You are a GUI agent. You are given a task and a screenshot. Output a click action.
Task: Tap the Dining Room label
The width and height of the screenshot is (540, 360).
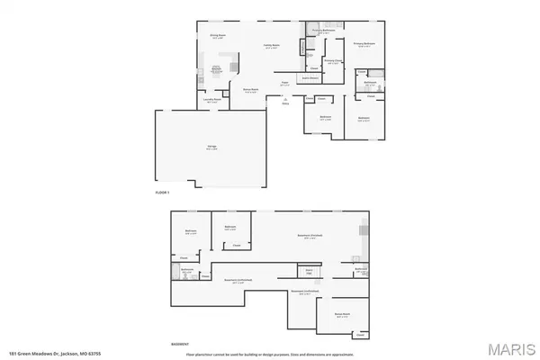(217, 38)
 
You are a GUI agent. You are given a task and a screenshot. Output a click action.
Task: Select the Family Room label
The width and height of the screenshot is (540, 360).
(270, 46)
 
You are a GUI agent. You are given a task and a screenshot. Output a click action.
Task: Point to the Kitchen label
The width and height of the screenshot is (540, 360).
(217, 68)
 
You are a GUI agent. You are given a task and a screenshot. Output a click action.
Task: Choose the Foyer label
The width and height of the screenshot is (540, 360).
(283, 83)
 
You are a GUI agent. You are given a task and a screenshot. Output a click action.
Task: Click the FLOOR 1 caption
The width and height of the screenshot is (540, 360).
(163, 193)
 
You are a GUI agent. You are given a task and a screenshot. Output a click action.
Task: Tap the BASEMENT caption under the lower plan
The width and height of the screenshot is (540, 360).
(179, 343)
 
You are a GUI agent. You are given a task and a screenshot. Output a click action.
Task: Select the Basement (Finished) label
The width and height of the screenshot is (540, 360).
(310, 236)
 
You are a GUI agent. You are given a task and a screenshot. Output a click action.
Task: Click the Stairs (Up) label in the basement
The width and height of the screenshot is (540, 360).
(310, 270)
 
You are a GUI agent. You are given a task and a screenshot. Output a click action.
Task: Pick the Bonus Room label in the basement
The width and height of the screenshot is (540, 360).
(343, 314)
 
